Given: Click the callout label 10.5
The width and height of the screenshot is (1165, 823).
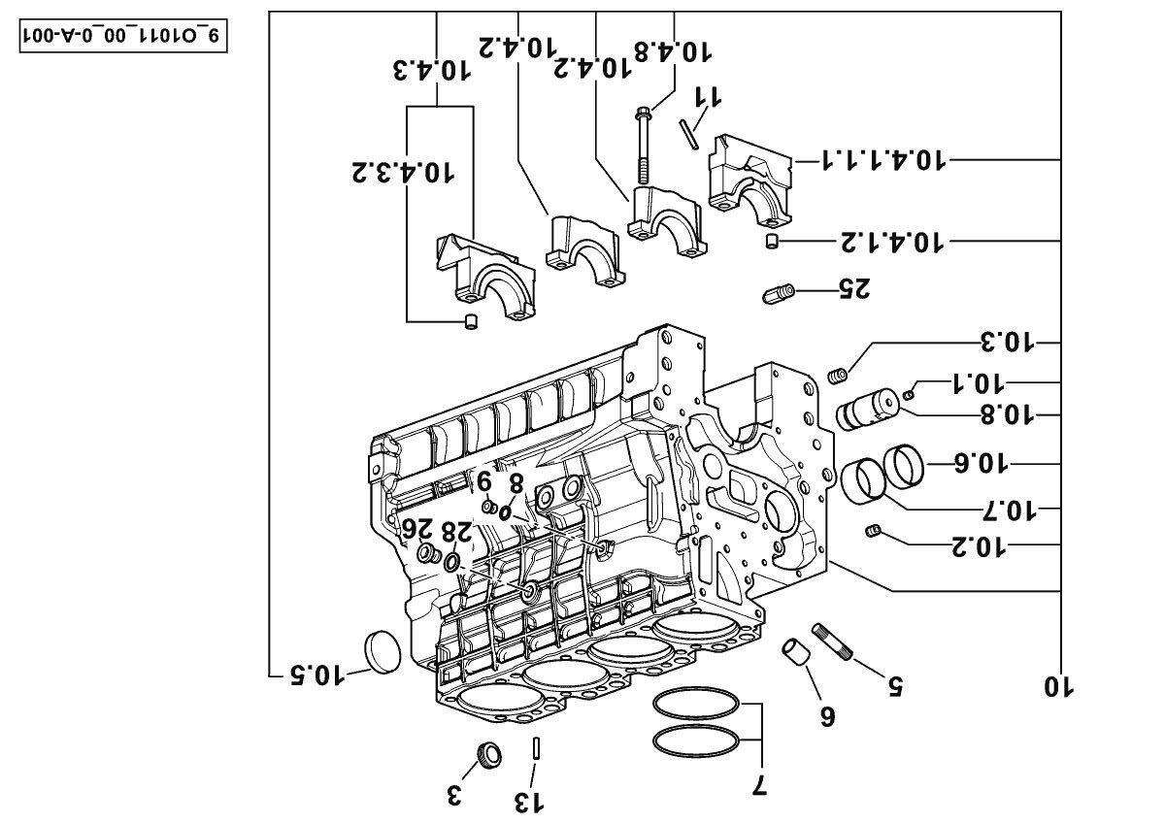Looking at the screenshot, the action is pos(317,675).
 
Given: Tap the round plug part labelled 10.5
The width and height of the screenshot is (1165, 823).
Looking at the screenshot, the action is pos(383,651).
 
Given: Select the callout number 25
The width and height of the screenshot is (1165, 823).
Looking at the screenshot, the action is pos(854,288).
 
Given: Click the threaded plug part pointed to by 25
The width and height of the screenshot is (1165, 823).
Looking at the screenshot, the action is pos(778,294).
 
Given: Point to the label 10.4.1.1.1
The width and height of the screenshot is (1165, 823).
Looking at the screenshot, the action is pos(882,159).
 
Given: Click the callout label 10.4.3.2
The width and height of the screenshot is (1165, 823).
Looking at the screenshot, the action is pos(403,172).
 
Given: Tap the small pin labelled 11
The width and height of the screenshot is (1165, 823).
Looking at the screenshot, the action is pos(687,134).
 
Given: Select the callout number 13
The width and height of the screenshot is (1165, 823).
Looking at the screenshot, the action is pos(529,803).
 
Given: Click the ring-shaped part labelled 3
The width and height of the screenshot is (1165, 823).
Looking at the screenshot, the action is pos(489,755).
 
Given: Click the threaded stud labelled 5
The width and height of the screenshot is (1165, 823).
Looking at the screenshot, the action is pos(833,642).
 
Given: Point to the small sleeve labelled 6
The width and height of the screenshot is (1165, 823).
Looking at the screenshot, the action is pos(796,652).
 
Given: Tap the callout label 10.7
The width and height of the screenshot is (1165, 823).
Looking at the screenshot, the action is pos(1009,511).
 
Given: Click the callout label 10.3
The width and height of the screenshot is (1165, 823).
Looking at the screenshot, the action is pos(1008,342).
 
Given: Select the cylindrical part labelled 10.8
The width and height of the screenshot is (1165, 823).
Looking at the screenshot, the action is pos(867,411).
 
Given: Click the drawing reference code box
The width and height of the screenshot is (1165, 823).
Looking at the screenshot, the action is pos(123,36).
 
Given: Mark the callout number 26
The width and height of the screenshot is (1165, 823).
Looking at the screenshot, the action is pos(417,529).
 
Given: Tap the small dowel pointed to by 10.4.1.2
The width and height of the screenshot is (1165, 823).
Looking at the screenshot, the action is pos(772,242).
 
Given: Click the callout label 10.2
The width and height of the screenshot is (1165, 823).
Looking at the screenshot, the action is pos(979,547).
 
